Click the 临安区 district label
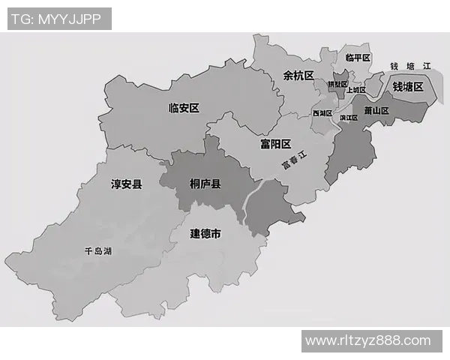coord(184,108)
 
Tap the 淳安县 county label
coord(127,183)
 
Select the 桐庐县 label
coord(205,183)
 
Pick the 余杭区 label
coord(298,75)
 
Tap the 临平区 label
coord(358,57)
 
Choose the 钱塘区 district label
coord(408,87)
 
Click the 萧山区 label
coord(376,110)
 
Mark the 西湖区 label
coord(322,113)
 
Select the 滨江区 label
coord(349,117)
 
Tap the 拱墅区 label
coord(337,85)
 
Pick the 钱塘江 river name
coord(411,66)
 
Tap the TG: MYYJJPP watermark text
coord(59,18)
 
